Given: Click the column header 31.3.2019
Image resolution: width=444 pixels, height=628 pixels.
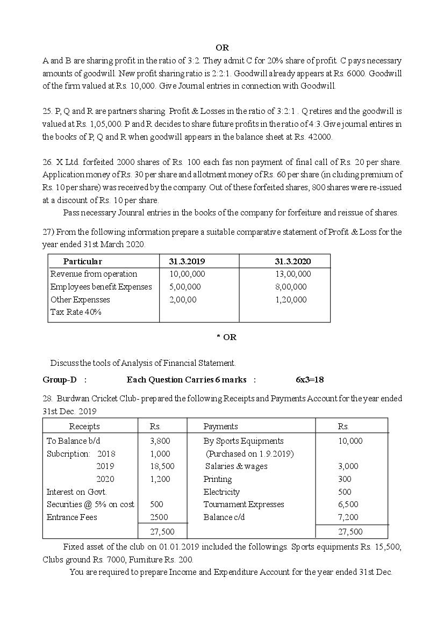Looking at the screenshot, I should click(x=187, y=262).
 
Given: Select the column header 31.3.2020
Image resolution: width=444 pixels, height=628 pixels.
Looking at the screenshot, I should click(x=292, y=262).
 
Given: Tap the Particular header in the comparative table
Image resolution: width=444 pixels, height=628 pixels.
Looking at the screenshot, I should click(x=82, y=262).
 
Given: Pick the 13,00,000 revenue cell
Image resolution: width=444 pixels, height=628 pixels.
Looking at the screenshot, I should click(x=292, y=274).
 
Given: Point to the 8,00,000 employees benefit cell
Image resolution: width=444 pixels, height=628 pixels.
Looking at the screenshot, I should click(x=291, y=287).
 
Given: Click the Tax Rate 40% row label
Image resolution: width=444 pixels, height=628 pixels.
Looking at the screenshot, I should click(x=76, y=312).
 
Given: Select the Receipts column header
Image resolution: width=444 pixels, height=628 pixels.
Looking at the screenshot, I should click(x=84, y=427).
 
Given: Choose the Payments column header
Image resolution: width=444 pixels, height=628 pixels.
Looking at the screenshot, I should click(x=220, y=427).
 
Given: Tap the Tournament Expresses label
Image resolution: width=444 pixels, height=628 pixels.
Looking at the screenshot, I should click(x=244, y=504).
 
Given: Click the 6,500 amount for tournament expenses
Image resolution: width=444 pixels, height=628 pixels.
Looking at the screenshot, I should click(x=347, y=504).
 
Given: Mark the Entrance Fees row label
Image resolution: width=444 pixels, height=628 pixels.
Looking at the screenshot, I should click(x=71, y=517).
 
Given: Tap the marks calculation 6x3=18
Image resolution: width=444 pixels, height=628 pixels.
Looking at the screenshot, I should click(x=310, y=380).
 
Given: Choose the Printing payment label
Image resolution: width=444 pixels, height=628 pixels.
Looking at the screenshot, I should click(x=218, y=479).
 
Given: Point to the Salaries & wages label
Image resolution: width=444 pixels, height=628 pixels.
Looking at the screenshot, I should click(x=236, y=466).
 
